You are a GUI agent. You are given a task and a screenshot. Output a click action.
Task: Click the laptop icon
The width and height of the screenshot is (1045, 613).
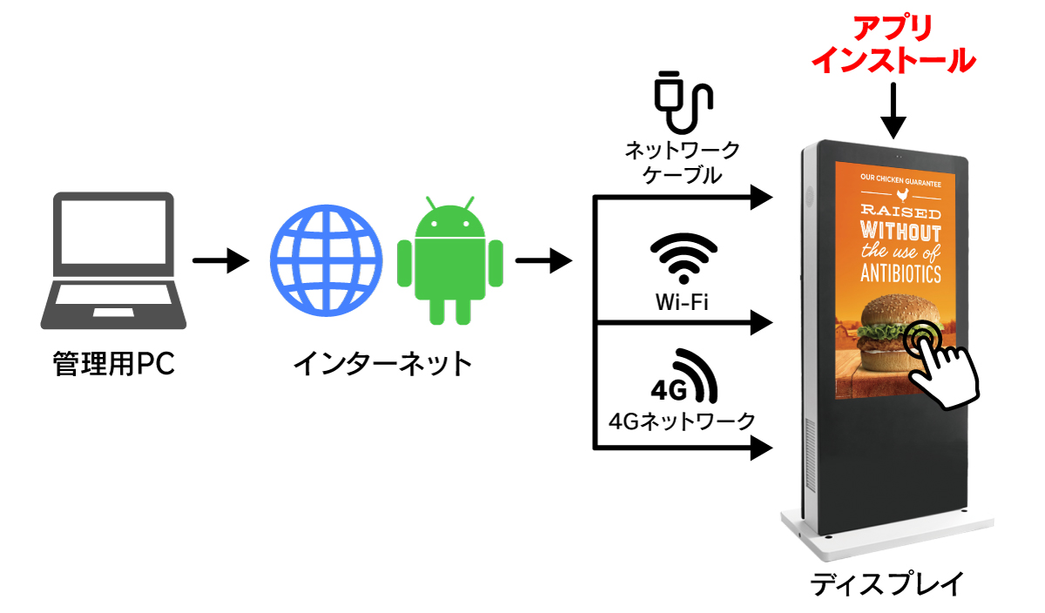point(113,260)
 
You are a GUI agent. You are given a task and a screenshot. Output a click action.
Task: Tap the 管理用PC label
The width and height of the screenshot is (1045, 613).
point(114,364)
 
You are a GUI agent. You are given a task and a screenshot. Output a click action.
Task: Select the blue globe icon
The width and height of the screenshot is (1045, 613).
point(326,260)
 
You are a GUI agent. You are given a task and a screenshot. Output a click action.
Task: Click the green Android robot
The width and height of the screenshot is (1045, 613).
point(450,260)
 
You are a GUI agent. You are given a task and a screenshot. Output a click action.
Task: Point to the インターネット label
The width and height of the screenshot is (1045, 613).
point(382,364)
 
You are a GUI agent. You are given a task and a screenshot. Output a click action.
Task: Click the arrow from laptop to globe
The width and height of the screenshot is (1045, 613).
point(220,260)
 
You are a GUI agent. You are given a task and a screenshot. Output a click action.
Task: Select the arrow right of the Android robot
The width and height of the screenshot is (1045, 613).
point(543,260)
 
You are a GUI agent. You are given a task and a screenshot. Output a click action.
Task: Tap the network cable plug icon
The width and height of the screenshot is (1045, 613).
point(684,102)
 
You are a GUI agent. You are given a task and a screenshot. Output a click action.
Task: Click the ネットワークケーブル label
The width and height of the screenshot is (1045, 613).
point(682,162)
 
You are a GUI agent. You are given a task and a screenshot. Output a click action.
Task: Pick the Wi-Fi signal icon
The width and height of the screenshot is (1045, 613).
point(684,257)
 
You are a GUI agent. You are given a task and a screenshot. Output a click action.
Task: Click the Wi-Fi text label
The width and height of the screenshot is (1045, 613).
point(682,302)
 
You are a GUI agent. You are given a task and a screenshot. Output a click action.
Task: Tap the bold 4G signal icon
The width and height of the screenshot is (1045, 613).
point(684,376)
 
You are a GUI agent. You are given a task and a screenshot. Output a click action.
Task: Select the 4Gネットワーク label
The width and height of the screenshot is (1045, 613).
point(682,421)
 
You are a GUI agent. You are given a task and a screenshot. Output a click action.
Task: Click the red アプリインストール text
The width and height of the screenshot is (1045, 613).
point(893,44)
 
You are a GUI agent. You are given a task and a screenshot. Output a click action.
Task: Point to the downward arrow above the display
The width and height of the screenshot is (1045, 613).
point(893,111)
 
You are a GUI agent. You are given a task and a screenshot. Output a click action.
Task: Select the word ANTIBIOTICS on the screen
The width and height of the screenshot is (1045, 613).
point(900,273)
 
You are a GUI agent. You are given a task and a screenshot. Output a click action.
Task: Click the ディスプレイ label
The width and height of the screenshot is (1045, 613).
point(887,583)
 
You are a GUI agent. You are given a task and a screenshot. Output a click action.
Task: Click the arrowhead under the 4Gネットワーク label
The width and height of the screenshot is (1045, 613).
point(761,448)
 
